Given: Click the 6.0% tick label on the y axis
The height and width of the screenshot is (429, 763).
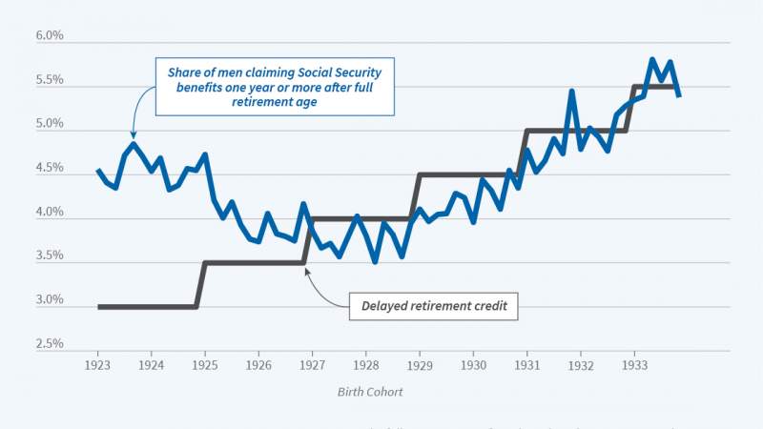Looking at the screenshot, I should (x=50, y=37).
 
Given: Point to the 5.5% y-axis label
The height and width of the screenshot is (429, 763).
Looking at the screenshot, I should (x=50, y=81).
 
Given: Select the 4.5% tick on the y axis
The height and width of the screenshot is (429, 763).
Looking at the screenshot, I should (x=50, y=169).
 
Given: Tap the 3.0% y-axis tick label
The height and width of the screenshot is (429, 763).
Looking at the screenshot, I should (x=50, y=300).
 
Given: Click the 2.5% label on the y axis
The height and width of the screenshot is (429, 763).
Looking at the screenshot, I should (x=50, y=344).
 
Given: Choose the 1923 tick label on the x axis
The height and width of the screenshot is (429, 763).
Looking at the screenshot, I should (x=98, y=365).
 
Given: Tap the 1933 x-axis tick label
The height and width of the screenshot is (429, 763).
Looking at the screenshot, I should (x=632, y=365).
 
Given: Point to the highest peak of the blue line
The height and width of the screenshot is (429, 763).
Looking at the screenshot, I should (x=651, y=59).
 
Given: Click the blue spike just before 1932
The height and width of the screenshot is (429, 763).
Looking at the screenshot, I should (x=571, y=92).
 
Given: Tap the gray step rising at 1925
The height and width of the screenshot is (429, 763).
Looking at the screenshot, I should (x=201, y=284).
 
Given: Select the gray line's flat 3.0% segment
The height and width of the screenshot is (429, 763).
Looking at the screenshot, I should (x=148, y=307).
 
